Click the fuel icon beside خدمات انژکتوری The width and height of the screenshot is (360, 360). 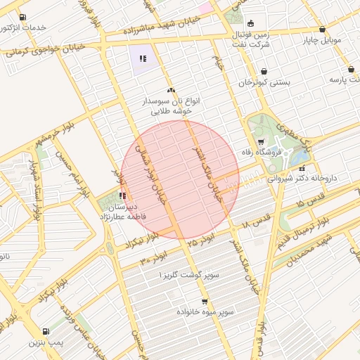[x=24, y=17]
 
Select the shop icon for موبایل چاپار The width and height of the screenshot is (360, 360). [x=322, y=30]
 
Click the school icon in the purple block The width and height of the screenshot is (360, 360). [x=143, y=58]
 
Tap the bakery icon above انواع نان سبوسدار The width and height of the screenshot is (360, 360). [x=170, y=90]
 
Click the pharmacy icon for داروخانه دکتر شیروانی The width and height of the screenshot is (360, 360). [x=302, y=169]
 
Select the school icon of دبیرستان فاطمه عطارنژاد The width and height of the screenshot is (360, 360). [x=123, y=195]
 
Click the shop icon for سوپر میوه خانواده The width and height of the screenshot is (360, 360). [x=205, y=300]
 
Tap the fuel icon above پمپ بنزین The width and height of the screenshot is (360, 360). [x=46, y=331]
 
